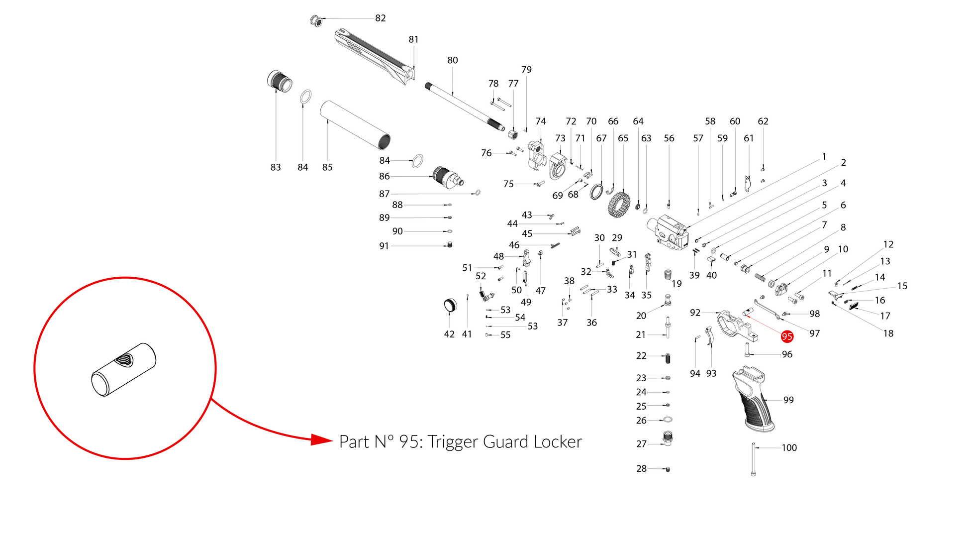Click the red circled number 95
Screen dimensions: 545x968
point(787,337)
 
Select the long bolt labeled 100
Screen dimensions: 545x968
point(754,459)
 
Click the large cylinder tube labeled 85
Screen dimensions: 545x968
point(355,125)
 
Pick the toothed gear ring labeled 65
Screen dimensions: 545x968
point(619,205)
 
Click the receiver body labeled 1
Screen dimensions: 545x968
point(669,232)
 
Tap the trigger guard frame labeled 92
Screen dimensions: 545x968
point(736,326)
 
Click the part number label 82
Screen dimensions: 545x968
point(381,18)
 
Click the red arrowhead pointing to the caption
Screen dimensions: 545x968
point(321,439)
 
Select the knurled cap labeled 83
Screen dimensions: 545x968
point(280,81)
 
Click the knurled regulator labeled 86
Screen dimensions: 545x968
point(448,177)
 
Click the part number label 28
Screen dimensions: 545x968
point(642,469)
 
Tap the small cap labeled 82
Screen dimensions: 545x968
point(316,21)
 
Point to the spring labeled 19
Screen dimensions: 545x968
point(668,274)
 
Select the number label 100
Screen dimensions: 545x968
point(789,448)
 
